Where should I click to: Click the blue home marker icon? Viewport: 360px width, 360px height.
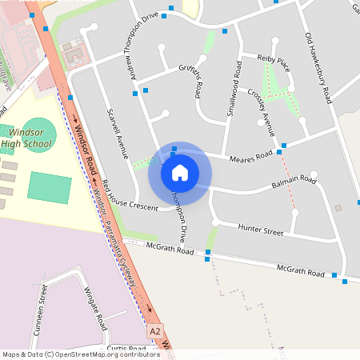pos(180,172)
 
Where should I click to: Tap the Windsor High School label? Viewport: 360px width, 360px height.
pos(26,138)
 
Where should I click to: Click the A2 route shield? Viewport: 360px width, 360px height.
pos(155,330)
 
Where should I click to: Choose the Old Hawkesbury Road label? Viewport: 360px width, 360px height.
pos(318,68)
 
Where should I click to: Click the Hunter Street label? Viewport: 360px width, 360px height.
pos(261,231)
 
